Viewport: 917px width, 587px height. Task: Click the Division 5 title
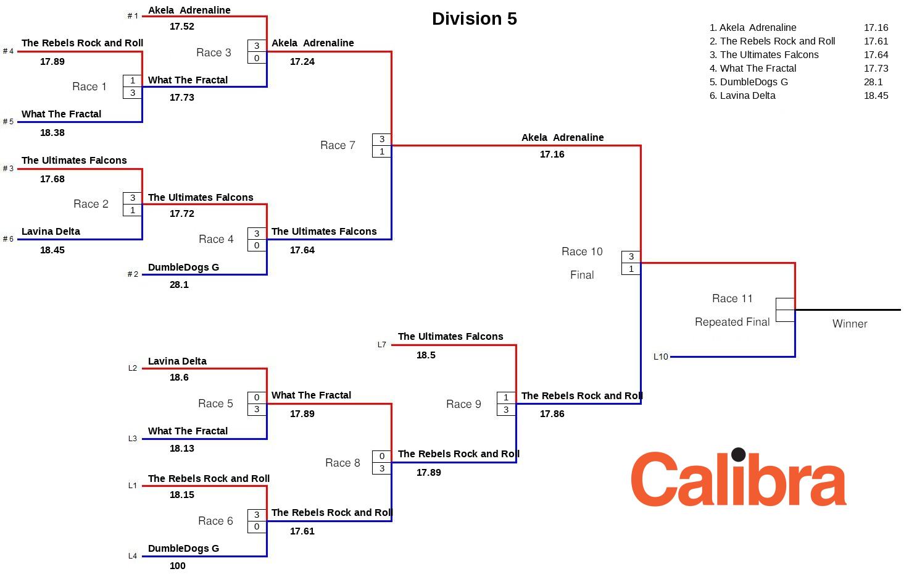pos(474,19)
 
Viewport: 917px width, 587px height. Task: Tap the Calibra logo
pos(738,479)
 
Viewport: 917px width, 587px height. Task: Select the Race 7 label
pos(338,145)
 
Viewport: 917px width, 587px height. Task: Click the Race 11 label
pos(732,299)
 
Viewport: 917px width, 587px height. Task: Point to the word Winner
pos(849,324)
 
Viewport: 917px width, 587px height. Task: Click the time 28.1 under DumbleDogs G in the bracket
pos(179,285)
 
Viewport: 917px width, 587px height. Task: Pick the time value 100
pos(177,566)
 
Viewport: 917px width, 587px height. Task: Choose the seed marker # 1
pos(133,16)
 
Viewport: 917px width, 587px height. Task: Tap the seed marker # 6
pos(8,239)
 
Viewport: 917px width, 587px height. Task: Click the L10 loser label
pos(660,357)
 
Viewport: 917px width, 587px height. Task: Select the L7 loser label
pos(381,345)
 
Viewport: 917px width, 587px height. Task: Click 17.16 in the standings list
pos(876,28)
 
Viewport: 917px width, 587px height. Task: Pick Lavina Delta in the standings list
pos(747,96)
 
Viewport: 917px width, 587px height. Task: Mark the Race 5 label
pos(215,403)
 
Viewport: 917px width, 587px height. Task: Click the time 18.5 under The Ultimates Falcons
pos(426,355)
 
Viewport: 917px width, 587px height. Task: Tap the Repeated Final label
pos(732,323)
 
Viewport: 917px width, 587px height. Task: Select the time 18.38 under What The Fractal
pos(52,133)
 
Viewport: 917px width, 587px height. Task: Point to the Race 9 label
pos(463,404)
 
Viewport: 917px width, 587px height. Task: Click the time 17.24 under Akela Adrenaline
pos(302,62)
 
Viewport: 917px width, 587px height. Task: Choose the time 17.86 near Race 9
pos(552,414)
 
